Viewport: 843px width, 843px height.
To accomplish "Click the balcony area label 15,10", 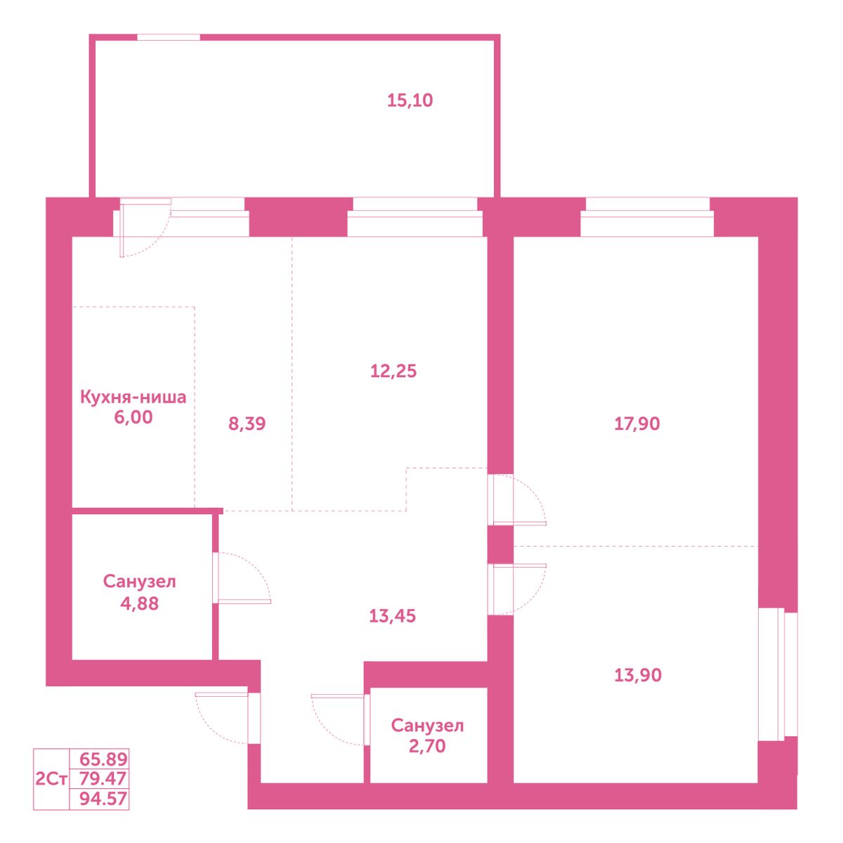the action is pos(410,100).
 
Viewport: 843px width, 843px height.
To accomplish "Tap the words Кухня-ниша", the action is pos(133,397).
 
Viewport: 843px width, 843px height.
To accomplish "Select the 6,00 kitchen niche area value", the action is pos(133,417).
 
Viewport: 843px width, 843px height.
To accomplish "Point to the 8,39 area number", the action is pos(247,424).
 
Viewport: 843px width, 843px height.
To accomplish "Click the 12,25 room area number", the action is pos(393,371).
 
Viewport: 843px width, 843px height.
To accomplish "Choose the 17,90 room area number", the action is pos(637,424).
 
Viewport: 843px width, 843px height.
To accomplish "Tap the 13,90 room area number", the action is pos(638,675).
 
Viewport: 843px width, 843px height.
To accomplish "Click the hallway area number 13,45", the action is pos(392,616).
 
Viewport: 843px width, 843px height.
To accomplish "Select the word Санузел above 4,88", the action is pos(140,582).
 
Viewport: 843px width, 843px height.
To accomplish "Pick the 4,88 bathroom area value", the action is pos(139,603).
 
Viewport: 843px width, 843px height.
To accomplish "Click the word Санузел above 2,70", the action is pos(427,726).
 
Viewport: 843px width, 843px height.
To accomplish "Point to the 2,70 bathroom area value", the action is pos(427,746).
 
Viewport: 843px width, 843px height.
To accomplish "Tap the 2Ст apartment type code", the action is pos(51,779).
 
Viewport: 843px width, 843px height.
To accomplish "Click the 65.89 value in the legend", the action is pos(103,759).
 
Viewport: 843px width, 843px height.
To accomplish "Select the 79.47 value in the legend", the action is pos(103,778).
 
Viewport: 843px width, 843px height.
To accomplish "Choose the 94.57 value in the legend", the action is pos(103,799).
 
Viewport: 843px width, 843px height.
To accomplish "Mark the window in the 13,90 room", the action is pos(778,674).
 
